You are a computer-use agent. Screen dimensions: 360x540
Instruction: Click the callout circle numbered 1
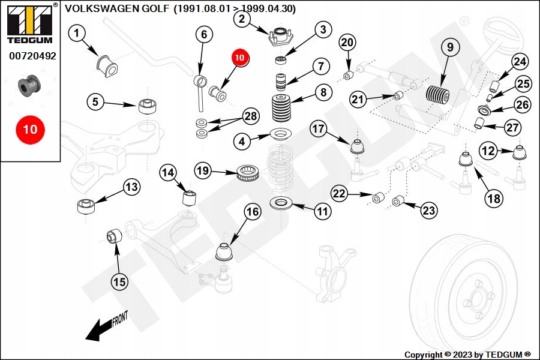[77, 34]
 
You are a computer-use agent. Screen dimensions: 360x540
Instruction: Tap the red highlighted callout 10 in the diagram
[240, 58]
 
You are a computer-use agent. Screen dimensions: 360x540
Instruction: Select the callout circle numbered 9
[450, 46]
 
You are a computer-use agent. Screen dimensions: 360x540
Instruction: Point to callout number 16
[253, 211]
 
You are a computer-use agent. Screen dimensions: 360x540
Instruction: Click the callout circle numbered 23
[428, 211]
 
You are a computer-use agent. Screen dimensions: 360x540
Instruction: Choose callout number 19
[203, 171]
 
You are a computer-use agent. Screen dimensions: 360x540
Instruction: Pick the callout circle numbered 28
[251, 116]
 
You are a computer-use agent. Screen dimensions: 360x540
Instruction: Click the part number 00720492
[32, 56]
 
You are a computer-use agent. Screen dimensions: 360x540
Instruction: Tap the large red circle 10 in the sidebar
[30, 129]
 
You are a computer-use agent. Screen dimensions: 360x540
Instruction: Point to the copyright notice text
[467, 354]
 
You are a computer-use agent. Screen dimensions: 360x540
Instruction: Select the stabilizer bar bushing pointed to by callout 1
[104, 62]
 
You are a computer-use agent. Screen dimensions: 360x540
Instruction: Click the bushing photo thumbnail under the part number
[29, 85]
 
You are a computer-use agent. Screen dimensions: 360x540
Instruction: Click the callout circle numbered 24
[520, 61]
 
